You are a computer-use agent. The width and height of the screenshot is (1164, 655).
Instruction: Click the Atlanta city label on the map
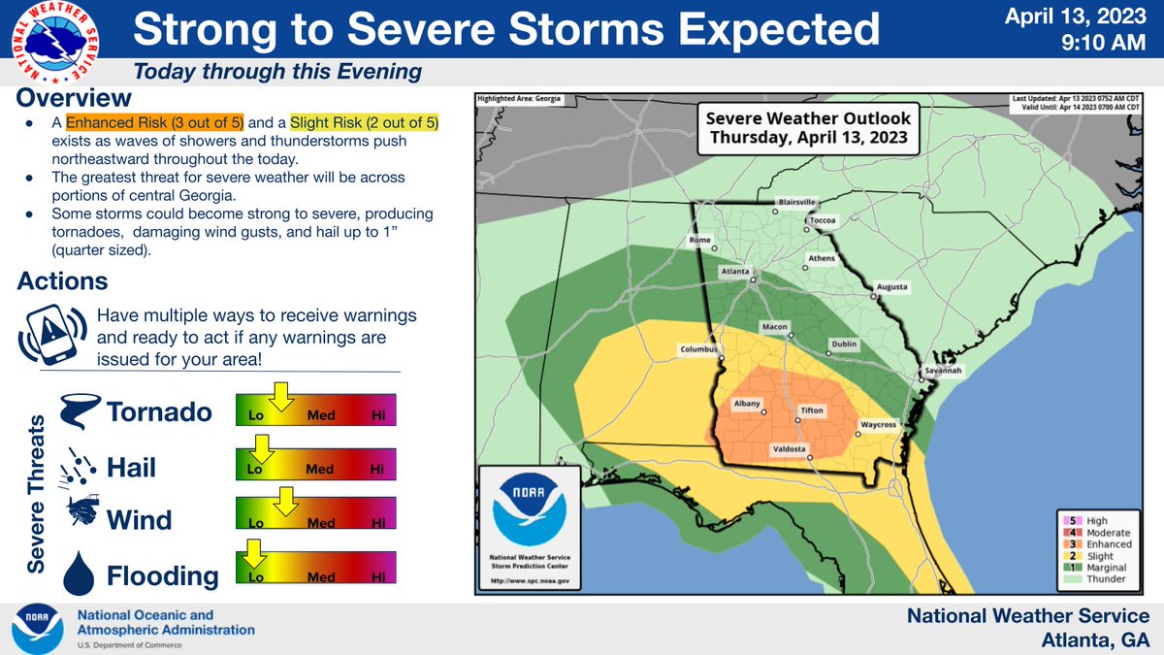click(x=734, y=273)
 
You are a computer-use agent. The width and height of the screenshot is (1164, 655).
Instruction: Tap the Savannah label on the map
click(x=942, y=370)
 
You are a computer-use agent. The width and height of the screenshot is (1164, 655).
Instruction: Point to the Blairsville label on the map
click(x=796, y=202)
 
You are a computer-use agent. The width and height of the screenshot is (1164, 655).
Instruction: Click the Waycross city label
click(x=879, y=424)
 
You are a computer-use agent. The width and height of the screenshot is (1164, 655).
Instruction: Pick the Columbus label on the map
click(x=698, y=348)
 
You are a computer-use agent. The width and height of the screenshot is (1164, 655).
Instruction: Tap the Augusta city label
click(x=891, y=287)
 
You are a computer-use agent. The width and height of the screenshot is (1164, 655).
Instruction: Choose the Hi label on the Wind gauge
click(x=379, y=522)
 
